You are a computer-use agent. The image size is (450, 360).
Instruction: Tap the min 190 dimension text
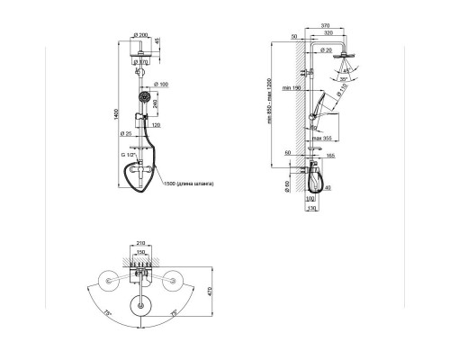[289, 87]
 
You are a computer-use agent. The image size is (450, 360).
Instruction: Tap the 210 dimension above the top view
[139, 242]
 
